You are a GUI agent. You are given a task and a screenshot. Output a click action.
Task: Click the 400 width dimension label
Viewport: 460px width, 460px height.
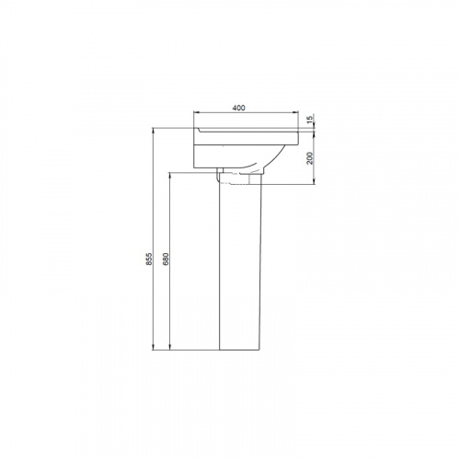click(x=239, y=108)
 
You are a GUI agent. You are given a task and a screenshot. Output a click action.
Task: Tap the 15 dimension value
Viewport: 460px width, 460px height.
click(x=310, y=119)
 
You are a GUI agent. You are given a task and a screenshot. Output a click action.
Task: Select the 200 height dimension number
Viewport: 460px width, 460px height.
click(x=310, y=158)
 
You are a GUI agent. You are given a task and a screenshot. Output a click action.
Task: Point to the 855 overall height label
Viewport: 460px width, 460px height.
click(x=149, y=259)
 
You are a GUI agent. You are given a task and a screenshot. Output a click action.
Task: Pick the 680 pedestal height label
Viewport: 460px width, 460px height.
click(x=166, y=259)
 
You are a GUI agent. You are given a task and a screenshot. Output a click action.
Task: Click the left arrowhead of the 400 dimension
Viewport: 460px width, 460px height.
click(x=197, y=112)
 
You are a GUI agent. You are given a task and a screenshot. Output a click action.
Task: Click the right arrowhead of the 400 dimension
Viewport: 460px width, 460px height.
click(x=295, y=112)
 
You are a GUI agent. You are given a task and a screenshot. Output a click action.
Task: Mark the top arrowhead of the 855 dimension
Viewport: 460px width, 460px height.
click(x=153, y=131)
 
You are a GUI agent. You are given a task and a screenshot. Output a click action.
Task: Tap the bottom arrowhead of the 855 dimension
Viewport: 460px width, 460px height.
click(x=153, y=347)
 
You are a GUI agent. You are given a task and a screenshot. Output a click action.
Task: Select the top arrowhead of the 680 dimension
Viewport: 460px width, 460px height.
click(x=170, y=176)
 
